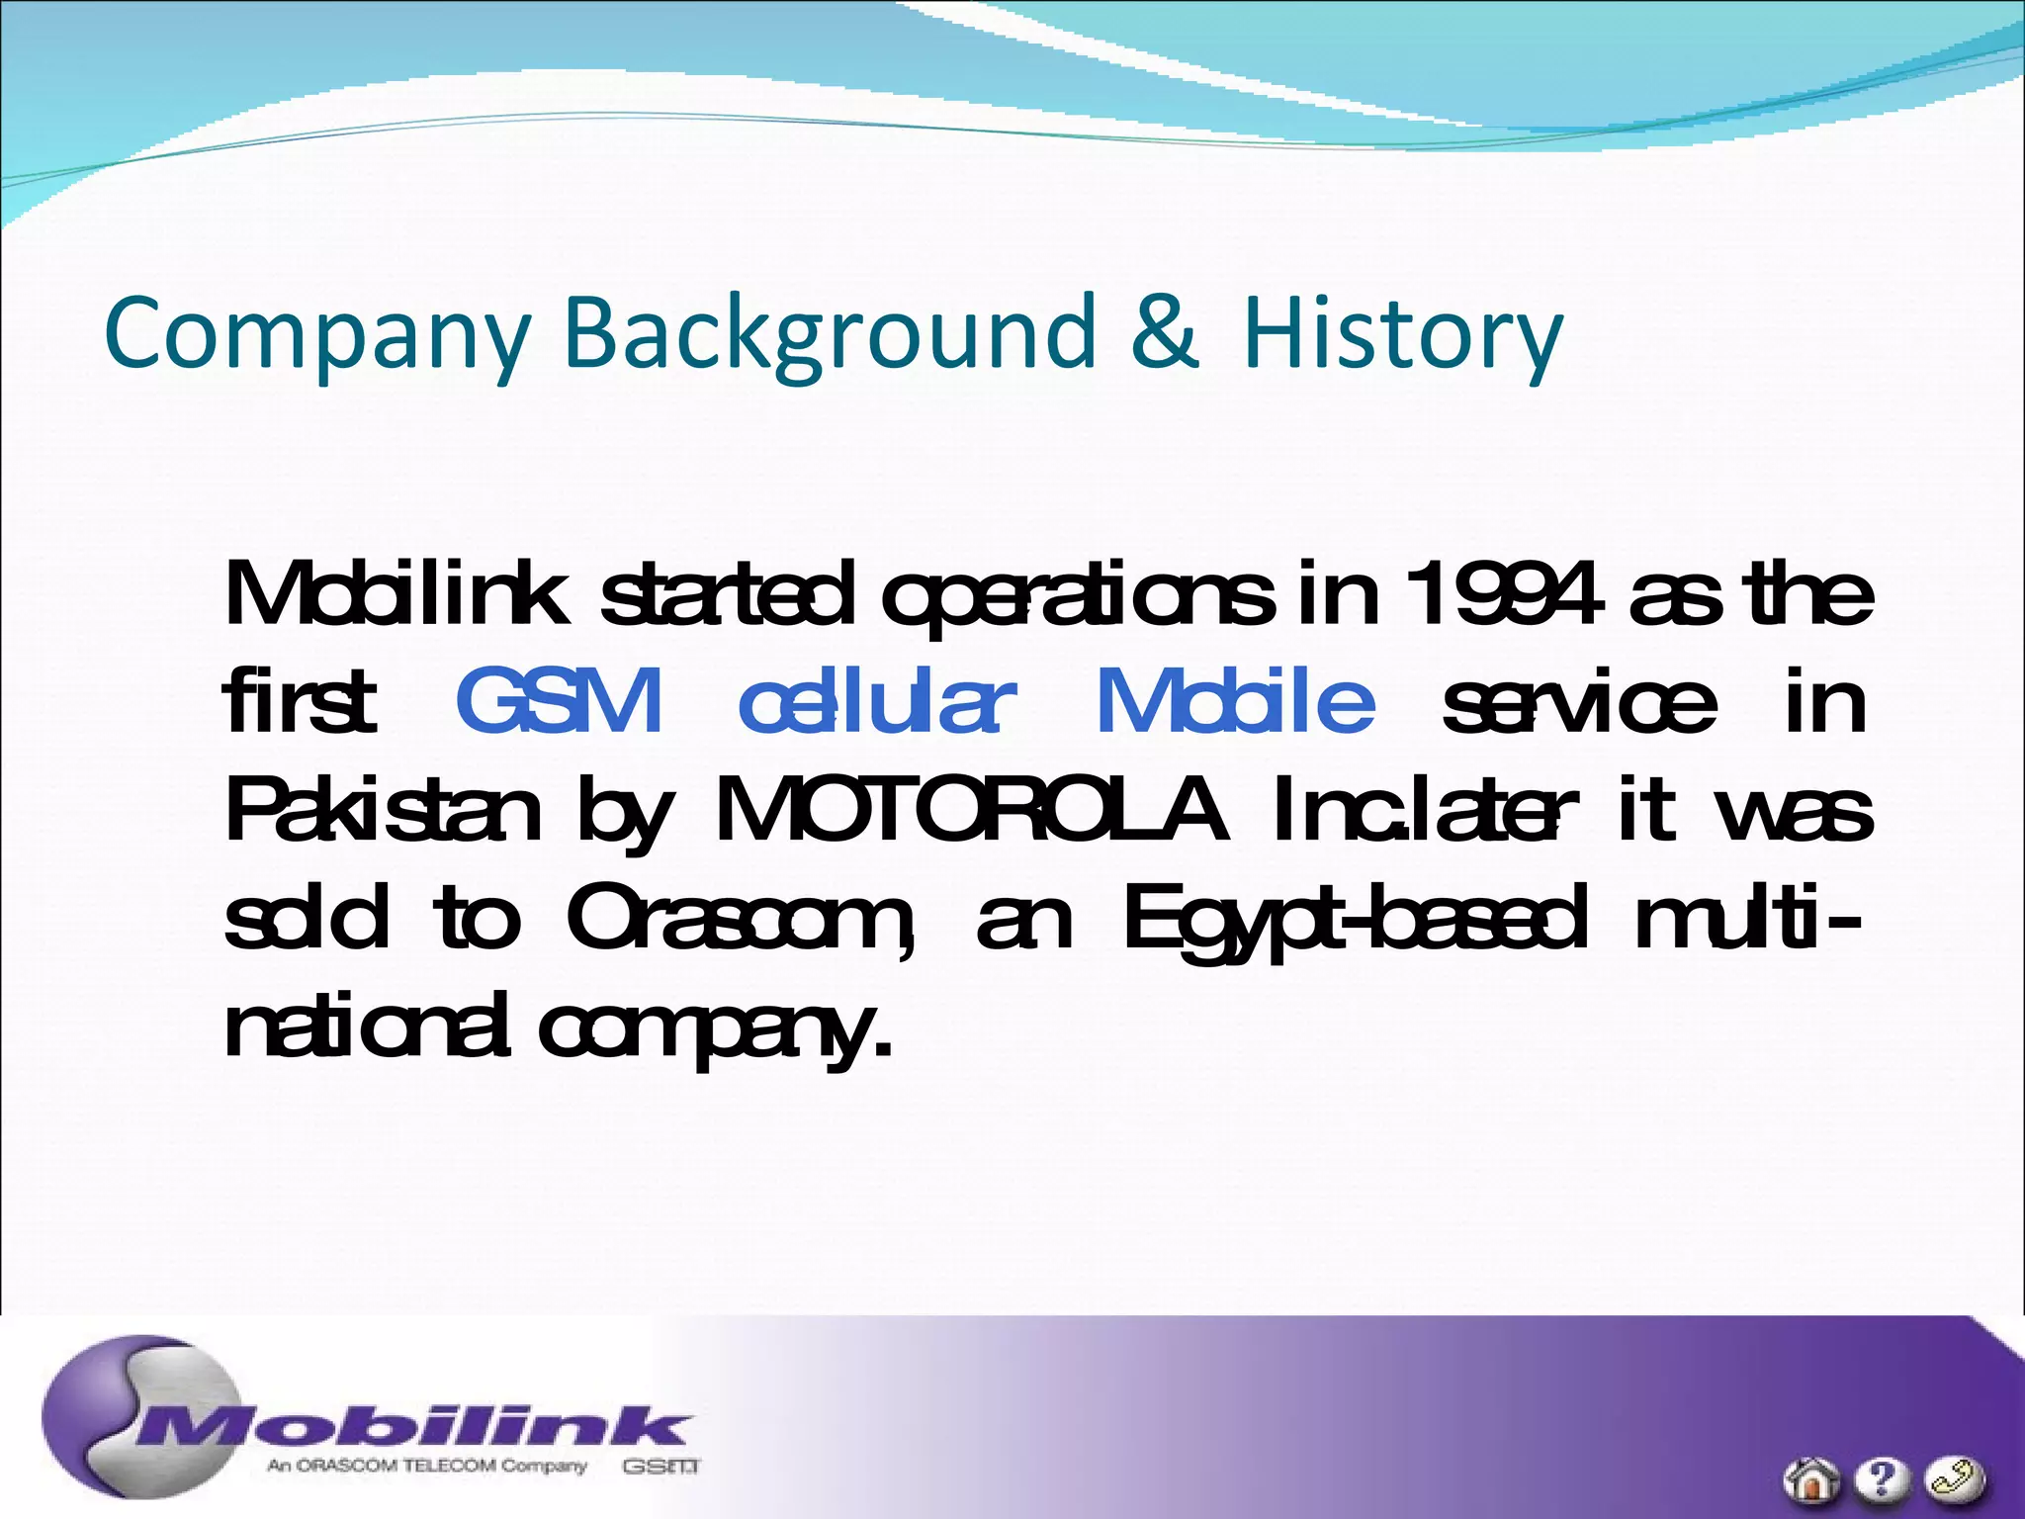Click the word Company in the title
pyautogui.click(x=317, y=334)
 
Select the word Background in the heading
pyautogui.click(x=829, y=334)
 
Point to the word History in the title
pyautogui.click(x=1402, y=334)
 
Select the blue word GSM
pyautogui.click(x=559, y=701)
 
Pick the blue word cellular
pyautogui.click(x=876, y=701)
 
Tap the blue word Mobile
pyautogui.click(x=1236, y=701)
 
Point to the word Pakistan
pyautogui.click(x=383, y=810)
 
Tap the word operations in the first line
pyautogui.click(x=1078, y=597)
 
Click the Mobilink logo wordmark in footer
pyautogui.click(x=415, y=1428)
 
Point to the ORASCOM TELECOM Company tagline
pyautogui.click(x=427, y=1466)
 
